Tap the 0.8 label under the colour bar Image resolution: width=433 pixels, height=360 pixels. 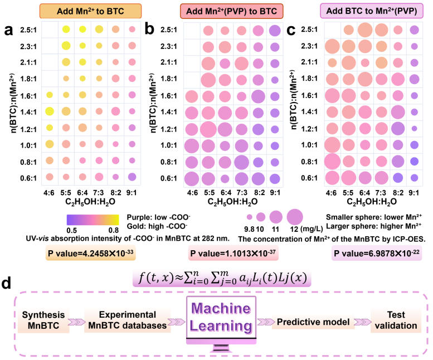pos(113,230)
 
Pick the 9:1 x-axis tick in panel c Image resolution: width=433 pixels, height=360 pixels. pos(413,193)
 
